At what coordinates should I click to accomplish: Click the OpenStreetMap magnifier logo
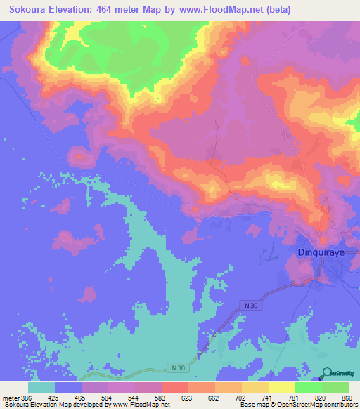327,374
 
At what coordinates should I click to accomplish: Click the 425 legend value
68,397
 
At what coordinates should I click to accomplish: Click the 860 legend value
346,397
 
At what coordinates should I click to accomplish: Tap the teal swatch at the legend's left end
41,387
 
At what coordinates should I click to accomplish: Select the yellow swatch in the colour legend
281,387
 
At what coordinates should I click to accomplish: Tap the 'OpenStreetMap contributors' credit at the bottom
316,404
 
